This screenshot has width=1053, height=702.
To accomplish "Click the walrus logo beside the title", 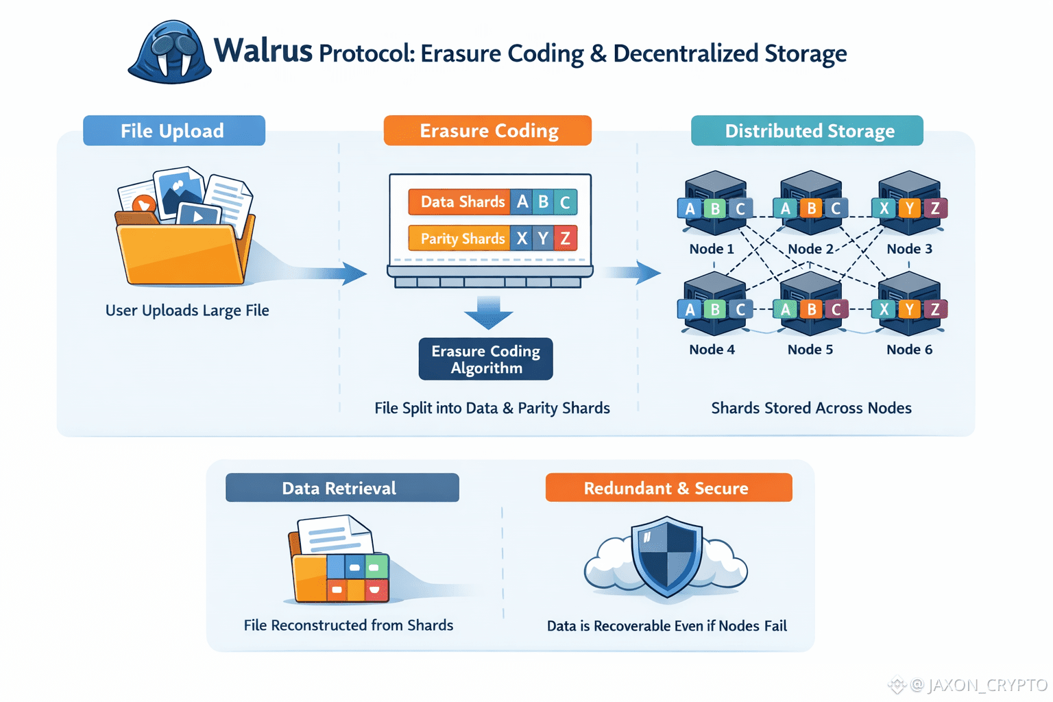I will click(x=170, y=53).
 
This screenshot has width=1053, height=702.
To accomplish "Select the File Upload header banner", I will click(x=173, y=131).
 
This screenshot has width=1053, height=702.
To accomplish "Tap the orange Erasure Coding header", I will click(x=487, y=131).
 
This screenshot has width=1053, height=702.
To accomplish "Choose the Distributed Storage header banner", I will click(x=807, y=131).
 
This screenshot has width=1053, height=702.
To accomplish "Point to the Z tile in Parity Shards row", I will click(x=566, y=239).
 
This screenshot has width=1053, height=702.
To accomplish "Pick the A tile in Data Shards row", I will click(x=522, y=202).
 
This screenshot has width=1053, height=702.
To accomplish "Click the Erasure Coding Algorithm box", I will click(x=485, y=359).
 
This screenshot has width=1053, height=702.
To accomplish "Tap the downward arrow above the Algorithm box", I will click(x=488, y=313).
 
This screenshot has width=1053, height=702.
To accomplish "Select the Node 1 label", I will click(x=712, y=249).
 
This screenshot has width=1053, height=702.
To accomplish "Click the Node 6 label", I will click(x=909, y=350).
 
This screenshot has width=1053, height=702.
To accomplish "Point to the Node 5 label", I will click(x=810, y=350).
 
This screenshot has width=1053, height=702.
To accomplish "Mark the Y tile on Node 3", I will click(x=910, y=208).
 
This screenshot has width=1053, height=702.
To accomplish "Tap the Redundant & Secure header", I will click(x=668, y=488).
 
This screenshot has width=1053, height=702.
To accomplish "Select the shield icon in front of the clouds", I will click(x=666, y=555).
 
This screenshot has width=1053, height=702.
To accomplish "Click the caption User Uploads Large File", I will click(x=187, y=311).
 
